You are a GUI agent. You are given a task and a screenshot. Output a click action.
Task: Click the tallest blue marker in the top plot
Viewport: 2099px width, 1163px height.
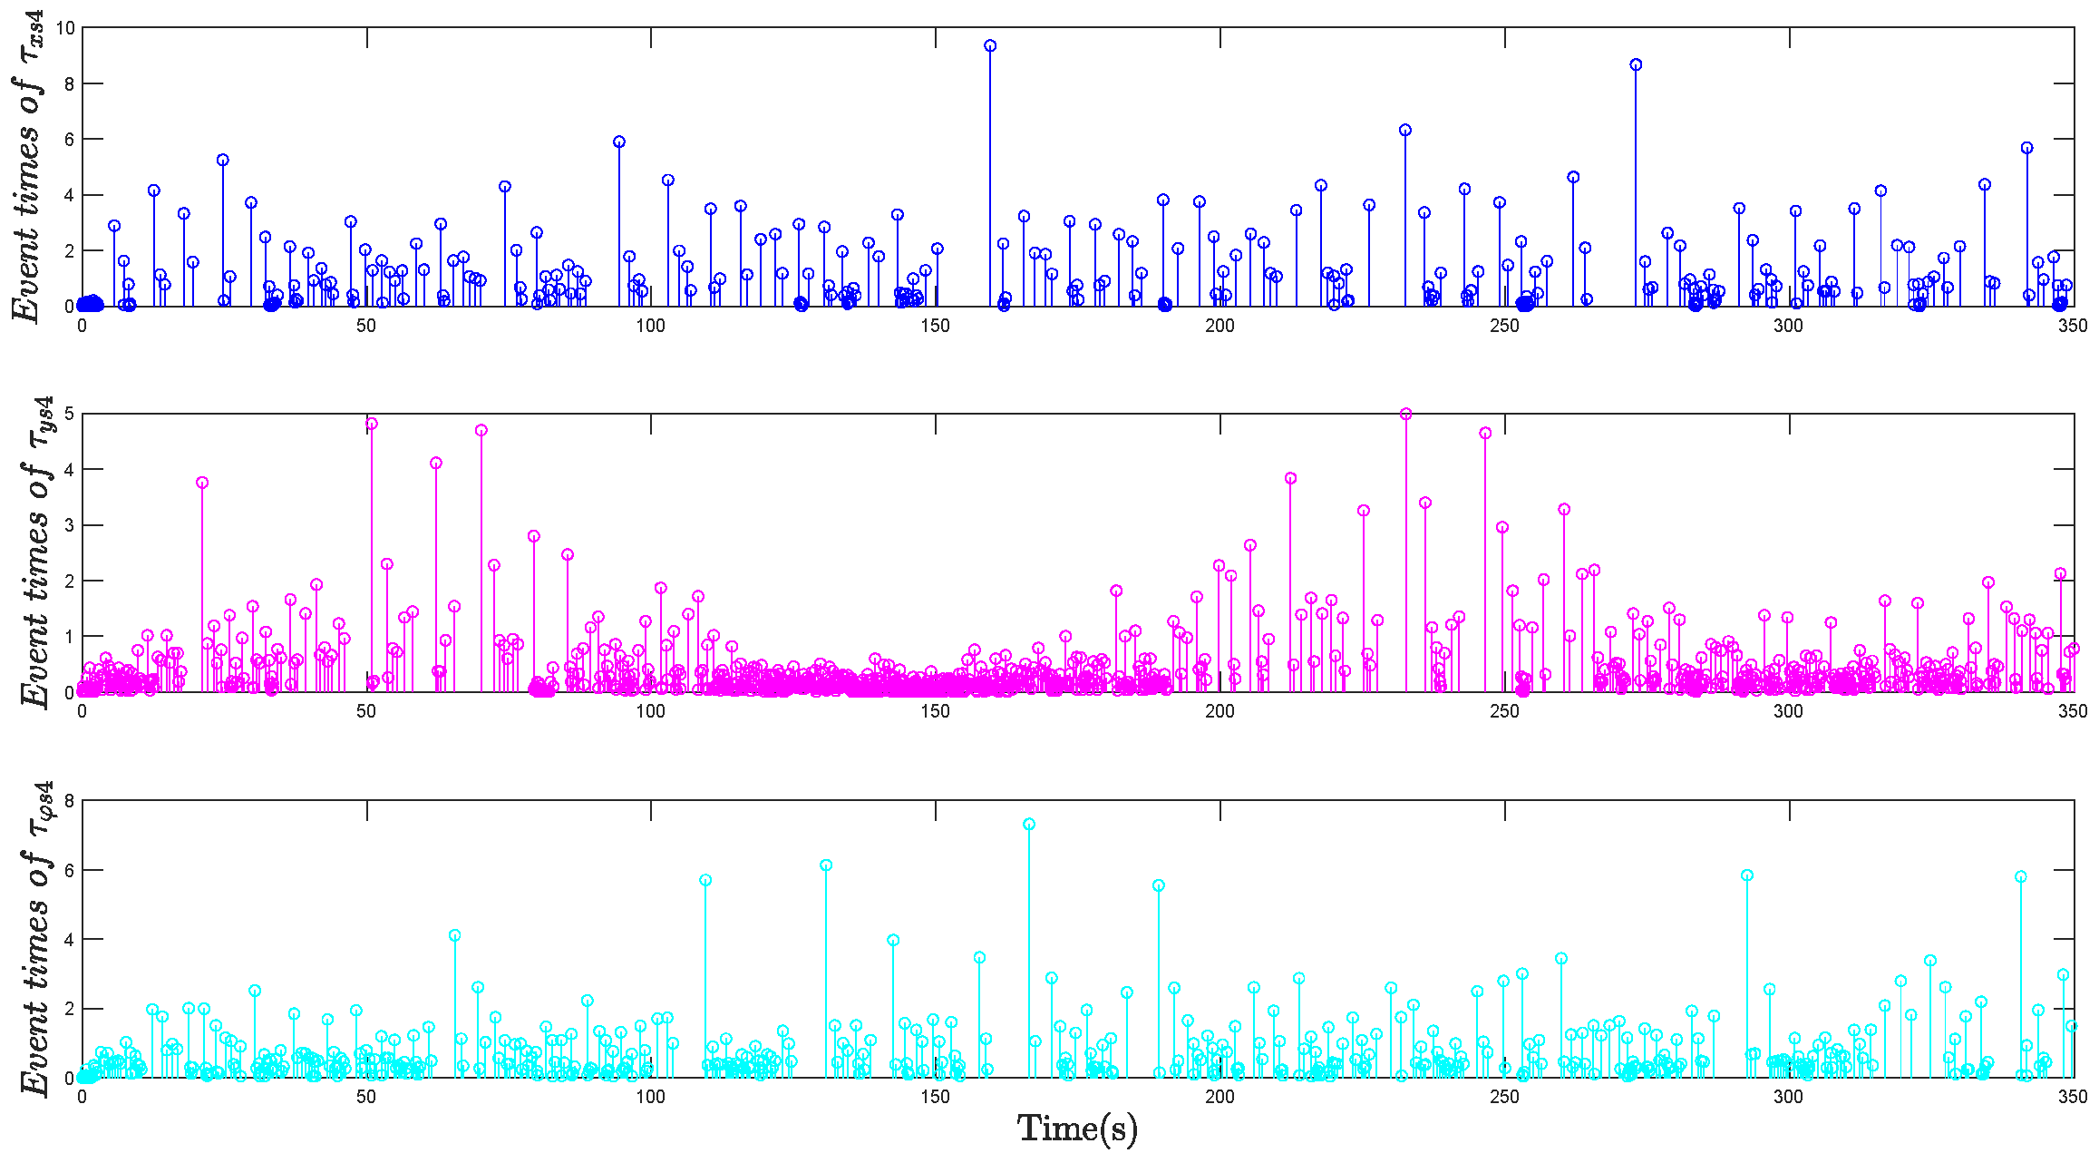pyautogui.click(x=990, y=45)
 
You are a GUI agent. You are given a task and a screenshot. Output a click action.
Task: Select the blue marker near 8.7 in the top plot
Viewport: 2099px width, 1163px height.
pyautogui.click(x=1636, y=64)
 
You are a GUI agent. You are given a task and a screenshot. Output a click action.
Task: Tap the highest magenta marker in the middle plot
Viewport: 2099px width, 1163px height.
pyautogui.click(x=1406, y=415)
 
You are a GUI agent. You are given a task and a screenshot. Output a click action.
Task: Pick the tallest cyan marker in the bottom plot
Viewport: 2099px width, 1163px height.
pyautogui.click(x=1029, y=825)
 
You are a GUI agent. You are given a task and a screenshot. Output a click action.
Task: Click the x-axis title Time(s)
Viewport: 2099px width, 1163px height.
pyautogui.click(x=1077, y=1129)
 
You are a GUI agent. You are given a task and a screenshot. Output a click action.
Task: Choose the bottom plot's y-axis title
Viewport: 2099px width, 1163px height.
pyautogui.click(x=36, y=938)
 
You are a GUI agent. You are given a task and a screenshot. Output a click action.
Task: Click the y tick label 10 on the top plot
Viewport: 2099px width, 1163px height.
pyautogui.click(x=64, y=28)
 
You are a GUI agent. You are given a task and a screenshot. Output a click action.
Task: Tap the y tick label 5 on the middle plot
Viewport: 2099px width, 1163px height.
pyautogui.click(x=69, y=415)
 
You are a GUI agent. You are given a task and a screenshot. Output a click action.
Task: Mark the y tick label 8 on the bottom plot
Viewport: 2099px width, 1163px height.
pyautogui.click(x=69, y=801)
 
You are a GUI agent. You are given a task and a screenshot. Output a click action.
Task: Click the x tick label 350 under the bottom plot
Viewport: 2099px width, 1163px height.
pyautogui.click(x=2073, y=1097)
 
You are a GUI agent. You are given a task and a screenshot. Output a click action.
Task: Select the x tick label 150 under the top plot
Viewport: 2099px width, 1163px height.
pyautogui.click(x=935, y=326)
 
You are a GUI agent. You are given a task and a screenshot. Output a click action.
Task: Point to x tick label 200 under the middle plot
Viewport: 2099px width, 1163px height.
pyautogui.click(x=1220, y=711)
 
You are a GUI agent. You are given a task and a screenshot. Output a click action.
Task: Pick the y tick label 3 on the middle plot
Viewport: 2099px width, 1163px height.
pyautogui.click(x=69, y=525)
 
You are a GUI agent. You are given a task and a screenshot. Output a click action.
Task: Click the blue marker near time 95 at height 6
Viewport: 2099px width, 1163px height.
pyautogui.click(x=619, y=142)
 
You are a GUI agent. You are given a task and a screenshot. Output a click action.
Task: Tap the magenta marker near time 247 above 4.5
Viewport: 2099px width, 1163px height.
pyautogui.click(x=1485, y=433)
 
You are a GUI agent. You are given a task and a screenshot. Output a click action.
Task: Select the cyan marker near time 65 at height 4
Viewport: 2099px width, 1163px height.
pyautogui.click(x=455, y=935)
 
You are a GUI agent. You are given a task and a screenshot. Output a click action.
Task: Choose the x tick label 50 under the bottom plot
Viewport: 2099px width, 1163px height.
pyautogui.click(x=366, y=1097)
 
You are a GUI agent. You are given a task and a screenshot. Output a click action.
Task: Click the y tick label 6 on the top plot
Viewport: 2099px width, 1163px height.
pyautogui.click(x=69, y=140)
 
